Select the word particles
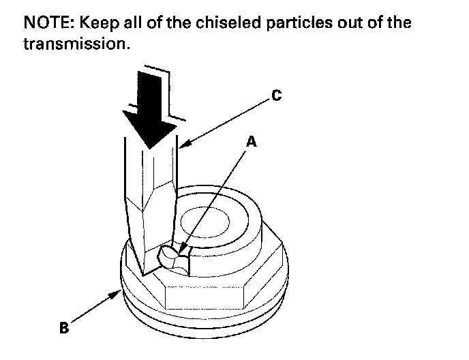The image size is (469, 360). pos(299,23)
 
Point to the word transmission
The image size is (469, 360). pos(77,44)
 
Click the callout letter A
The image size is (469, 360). pos(252,141)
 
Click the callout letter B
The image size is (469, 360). pos(64,327)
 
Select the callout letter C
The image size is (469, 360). pos(277,95)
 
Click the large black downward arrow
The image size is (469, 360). pos(149,110)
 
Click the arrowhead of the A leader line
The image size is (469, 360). pos(182,250)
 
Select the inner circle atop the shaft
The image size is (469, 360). pos(205,222)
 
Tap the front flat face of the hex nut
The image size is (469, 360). pos(205,297)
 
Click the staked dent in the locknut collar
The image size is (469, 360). pos(173,257)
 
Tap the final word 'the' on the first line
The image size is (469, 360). pos(399,22)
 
